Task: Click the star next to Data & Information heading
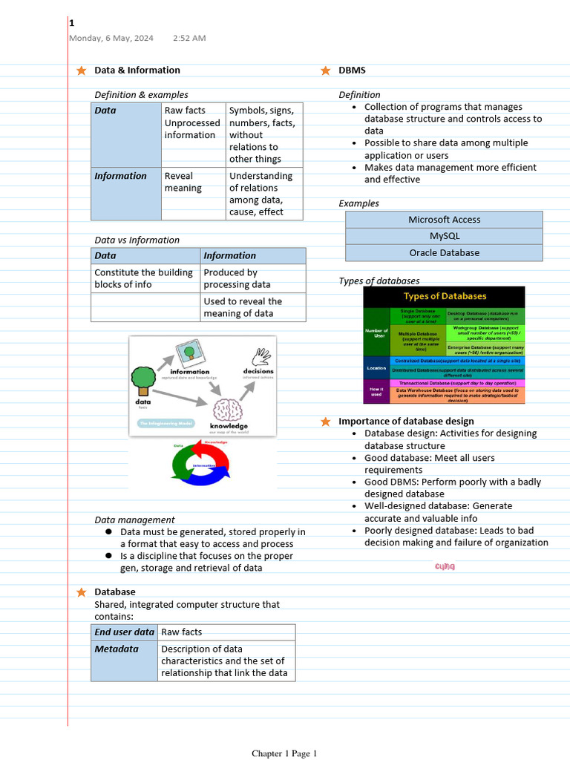(81, 71)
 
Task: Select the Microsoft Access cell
(444, 220)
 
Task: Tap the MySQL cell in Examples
(444, 236)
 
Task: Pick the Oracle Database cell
(444, 252)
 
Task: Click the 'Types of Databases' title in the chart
(445, 296)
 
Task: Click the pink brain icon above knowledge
(228, 409)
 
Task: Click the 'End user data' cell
(125, 632)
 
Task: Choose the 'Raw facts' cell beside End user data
(226, 632)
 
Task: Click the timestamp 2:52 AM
(189, 38)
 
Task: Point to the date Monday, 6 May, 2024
(111, 38)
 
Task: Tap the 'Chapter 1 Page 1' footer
(284, 753)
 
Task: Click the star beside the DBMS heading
(325, 71)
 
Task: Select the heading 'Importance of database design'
(406, 422)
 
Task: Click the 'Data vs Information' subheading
(137, 240)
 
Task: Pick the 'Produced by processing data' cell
(252, 278)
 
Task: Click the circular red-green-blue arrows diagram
(203, 464)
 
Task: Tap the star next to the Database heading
(81, 592)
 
